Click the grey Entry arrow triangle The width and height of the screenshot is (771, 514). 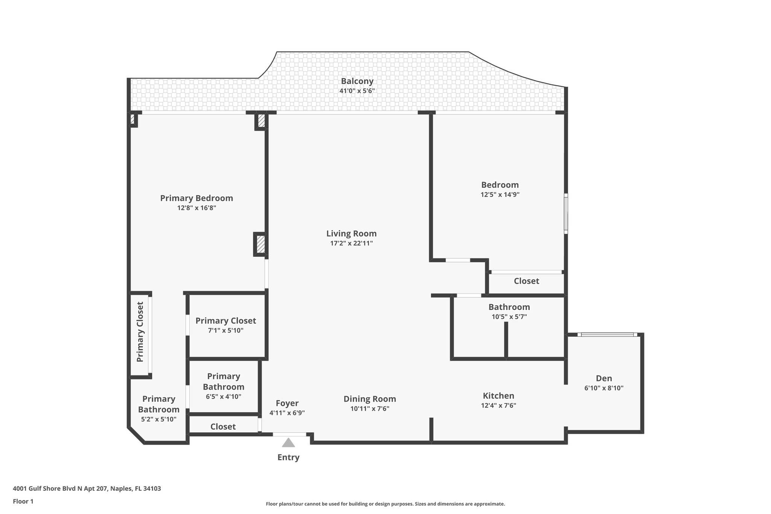(288, 443)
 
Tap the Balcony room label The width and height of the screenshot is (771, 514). (357, 81)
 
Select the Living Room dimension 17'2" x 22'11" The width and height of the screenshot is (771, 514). (351, 243)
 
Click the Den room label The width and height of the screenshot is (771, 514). (604, 378)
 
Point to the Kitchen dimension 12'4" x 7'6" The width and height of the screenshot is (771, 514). (498, 406)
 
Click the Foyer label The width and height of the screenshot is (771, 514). (287, 403)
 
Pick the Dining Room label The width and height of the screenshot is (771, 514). (370, 399)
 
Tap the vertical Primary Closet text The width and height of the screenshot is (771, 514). (140, 332)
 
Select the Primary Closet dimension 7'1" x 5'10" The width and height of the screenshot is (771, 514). (226, 331)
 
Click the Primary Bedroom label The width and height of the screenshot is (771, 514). (197, 198)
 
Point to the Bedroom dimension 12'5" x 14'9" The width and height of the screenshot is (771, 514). (500, 195)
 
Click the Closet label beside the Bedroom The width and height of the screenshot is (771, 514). (526, 281)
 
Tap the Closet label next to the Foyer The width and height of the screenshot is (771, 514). (223, 427)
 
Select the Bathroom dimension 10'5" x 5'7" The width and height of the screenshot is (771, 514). (509, 317)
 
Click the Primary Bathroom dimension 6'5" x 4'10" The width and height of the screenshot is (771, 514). (223, 397)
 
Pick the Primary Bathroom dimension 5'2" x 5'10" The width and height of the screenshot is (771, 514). (158, 419)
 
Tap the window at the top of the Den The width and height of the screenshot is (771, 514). (607, 334)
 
